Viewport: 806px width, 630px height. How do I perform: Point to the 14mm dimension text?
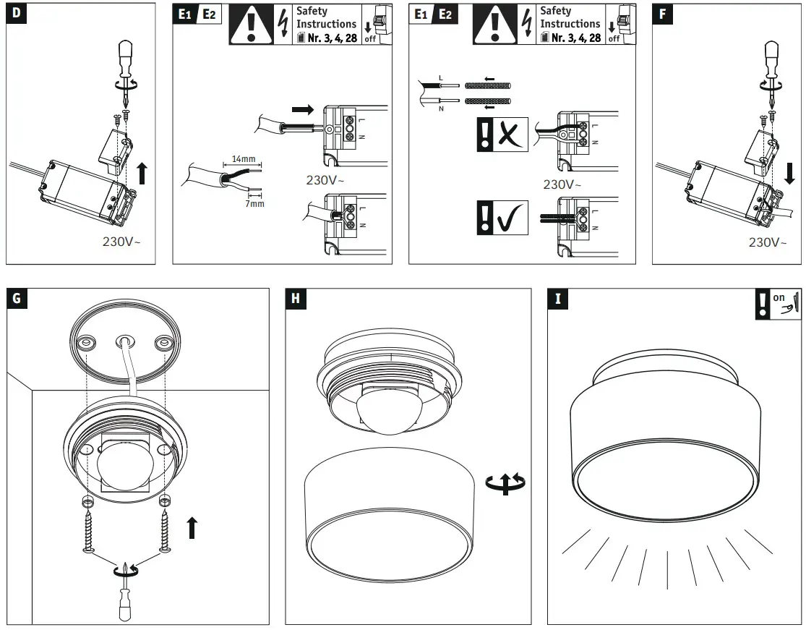coord(244,158)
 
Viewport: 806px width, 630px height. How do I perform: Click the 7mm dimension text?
coord(254,204)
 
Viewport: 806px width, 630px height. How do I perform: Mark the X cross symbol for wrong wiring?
coord(510,135)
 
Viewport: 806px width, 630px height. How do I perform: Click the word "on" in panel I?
coord(779,297)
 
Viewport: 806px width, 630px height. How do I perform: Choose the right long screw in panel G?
coord(166,529)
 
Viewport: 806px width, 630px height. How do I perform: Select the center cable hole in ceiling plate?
coord(125,339)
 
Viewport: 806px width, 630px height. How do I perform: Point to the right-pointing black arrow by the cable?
coord(304,110)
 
